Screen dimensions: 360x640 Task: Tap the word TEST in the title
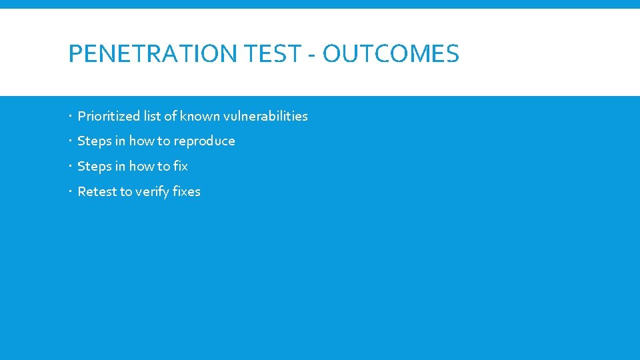(274, 54)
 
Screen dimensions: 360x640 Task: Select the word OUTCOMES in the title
(391, 54)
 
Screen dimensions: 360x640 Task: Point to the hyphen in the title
(312, 55)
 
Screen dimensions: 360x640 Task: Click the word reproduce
(204, 141)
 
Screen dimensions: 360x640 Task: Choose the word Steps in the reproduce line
(95, 141)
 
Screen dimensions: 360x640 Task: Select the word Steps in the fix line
(95, 166)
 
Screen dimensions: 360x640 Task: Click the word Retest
(97, 191)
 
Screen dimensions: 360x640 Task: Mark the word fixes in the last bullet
(186, 191)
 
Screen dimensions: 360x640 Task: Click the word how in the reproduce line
(141, 141)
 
